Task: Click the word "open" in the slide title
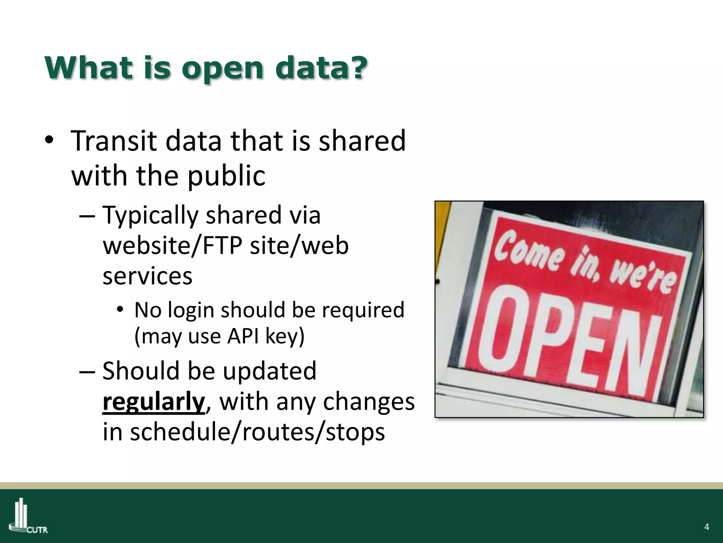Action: tap(222, 69)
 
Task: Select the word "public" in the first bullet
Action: tap(226, 176)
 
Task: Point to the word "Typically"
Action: tap(150, 216)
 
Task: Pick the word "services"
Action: tap(147, 276)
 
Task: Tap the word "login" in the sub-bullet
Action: tap(191, 310)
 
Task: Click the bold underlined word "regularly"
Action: tap(154, 402)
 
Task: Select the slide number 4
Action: tap(706, 527)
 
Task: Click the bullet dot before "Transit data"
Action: tap(49, 141)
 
